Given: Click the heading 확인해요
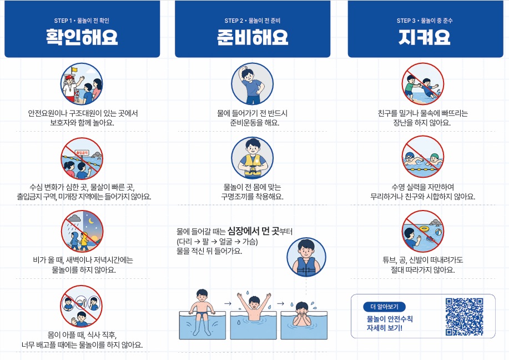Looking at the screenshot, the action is click(x=82, y=37).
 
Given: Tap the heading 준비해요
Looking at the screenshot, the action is click(x=253, y=37).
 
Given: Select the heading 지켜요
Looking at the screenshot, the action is click(x=425, y=37).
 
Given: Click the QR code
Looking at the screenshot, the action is click(x=464, y=317).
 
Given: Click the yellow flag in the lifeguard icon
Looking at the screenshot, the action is click(x=75, y=69).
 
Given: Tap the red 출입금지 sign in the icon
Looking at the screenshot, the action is click(x=82, y=153).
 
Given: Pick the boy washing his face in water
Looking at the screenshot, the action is click(x=302, y=313).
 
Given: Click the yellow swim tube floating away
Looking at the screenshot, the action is click(x=424, y=229).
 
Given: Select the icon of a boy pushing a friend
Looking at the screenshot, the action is click(x=422, y=84).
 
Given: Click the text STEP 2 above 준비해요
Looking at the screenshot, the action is click(x=234, y=21).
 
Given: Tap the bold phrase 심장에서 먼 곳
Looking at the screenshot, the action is click(x=254, y=231).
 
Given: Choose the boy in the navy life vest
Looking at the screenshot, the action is click(x=306, y=257).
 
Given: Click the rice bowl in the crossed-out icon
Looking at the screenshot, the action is click(x=81, y=304).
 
